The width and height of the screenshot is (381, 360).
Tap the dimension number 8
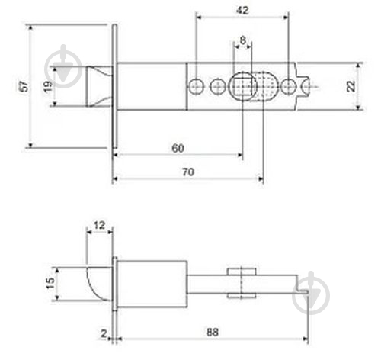pyautogui.click(x=242, y=40)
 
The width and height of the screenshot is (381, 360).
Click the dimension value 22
pyautogui.click(x=351, y=86)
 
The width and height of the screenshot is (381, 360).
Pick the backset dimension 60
pyautogui.click(x=178, y=147)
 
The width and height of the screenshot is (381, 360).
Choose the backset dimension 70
pyautogui.click(x=188, y=172)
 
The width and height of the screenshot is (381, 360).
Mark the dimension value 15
pyautogui.click(x=48, y=284)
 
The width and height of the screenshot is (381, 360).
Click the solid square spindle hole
pyautogui.click(x=242, y=86)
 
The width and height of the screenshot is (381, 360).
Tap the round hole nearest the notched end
pyautogui.click(x=288, y=86)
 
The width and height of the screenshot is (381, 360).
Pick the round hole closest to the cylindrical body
pyautogui.click(x=197, y=86)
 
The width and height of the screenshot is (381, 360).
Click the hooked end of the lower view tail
pyautogui.click(x=301, y=289)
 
